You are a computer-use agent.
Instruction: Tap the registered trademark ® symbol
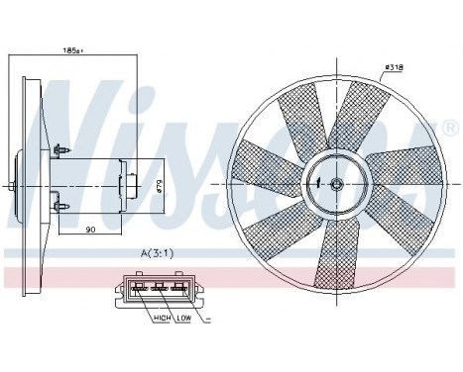coord(451,130)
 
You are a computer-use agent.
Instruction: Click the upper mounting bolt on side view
coord(63,149)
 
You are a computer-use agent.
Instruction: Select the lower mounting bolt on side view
coord(63,207)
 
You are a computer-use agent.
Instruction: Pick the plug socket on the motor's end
coord(127,185)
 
